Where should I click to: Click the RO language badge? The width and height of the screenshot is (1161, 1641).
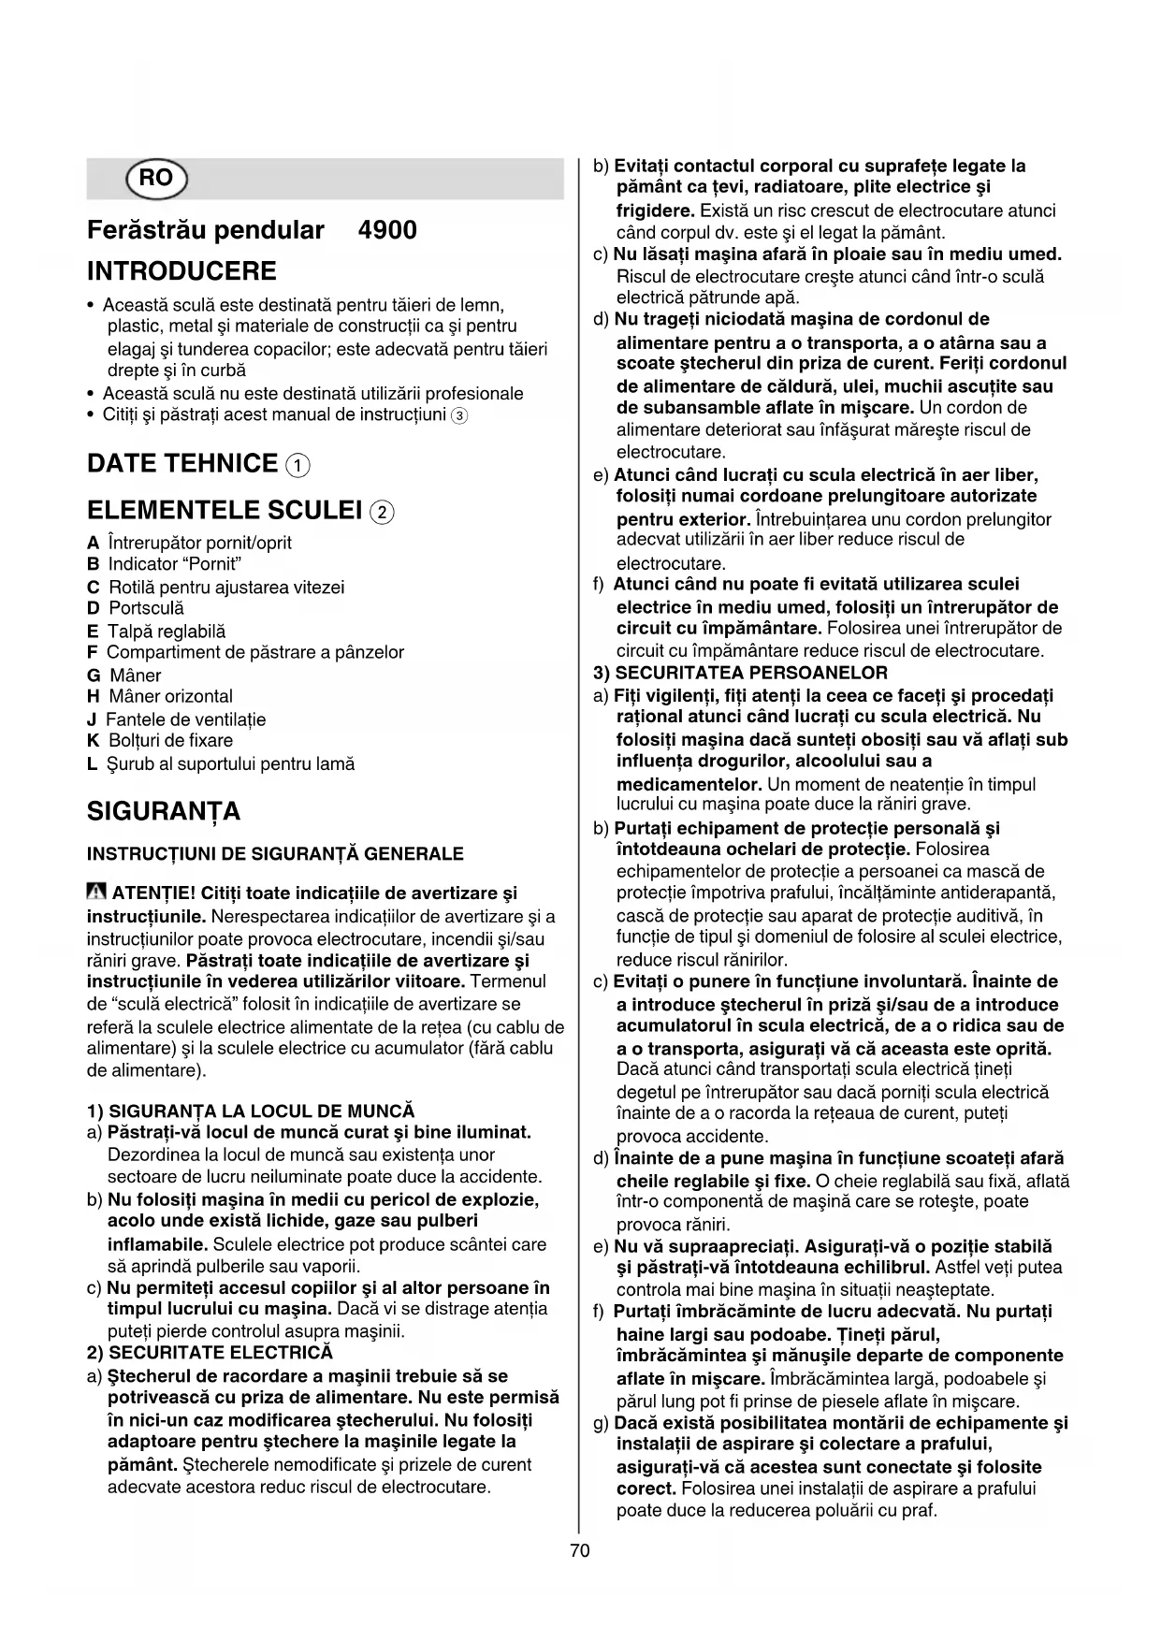pyautogui.click(x=155, y=179)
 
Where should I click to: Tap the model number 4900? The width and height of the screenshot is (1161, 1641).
pyautogui.click(x=387, y=230)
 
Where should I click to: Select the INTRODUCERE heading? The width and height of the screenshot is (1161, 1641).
pyautogui.click(x=181, y=272)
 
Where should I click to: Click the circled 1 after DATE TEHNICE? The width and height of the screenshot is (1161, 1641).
pyautogui.click(x=298, y=465)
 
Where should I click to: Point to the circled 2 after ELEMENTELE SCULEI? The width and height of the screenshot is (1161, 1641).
pyautogui.click(x=382, y=512)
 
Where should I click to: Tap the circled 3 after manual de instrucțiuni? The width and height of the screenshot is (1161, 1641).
pyautogui.click(x=458, y=415)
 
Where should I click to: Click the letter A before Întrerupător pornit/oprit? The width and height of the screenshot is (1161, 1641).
pyautogui.click(x=93, y=543)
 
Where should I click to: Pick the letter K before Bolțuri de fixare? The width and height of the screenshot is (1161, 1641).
pyautogui.click(x=93, y=741)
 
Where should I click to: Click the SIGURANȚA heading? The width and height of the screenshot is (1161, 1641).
pyautogui.click(x=164, y=811)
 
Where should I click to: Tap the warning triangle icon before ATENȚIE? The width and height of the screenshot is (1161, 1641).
pyautogui.click(x=96, y=893)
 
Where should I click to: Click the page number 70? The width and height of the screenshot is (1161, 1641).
pyautogui.click(x=579, y=1550)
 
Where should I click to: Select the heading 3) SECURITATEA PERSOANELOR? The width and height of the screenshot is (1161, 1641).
pyautogui.click(x=741, y=673)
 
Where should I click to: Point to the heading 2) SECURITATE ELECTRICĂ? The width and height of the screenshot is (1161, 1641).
pyautogui.click(x=210, y=1353)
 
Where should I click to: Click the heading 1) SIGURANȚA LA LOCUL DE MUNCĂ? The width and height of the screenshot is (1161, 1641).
pyautogui.click(x=250, y=1111)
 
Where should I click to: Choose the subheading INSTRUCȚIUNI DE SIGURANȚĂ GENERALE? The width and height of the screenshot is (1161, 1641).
pyautogui.click(x=275, y=853)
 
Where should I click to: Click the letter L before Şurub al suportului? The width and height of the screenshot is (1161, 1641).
pyautogui.click(x=92, y=764)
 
